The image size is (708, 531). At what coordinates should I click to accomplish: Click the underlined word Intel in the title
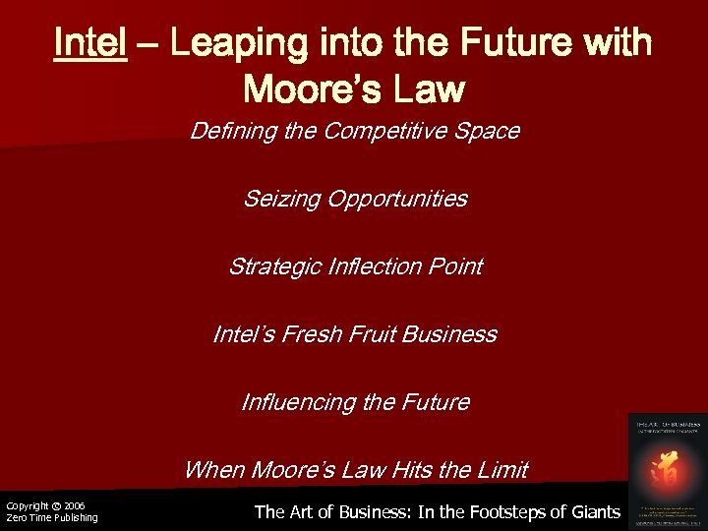click(90, 43)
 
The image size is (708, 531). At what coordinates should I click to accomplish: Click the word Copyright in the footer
click(27, 505)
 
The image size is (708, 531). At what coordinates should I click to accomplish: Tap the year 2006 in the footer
click(74, 505)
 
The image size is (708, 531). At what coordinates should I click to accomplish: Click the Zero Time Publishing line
click(51, 517)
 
